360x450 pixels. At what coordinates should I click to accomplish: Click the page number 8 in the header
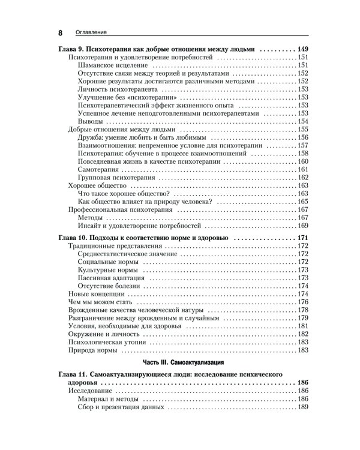[x=60, y=32]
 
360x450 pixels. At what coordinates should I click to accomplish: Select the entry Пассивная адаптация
[x=112, y=278]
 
